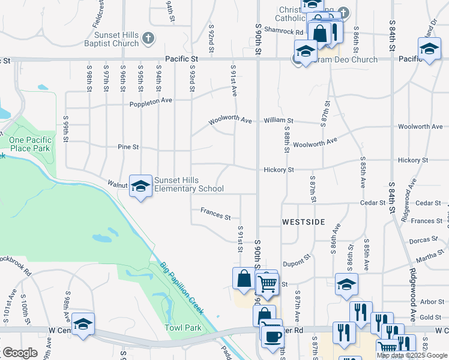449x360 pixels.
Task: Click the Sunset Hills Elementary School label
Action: coord(189,184)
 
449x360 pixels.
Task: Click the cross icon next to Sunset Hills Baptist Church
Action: coord(148,40)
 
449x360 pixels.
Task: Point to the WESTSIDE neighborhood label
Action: coord(303,222)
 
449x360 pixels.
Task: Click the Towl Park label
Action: coord(183,328)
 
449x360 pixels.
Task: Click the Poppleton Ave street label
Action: coord(151,103)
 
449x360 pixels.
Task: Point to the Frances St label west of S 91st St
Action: coord(215,214)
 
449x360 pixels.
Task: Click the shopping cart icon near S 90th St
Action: coord(267,284)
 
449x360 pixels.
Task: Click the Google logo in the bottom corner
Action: coord(20,353)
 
